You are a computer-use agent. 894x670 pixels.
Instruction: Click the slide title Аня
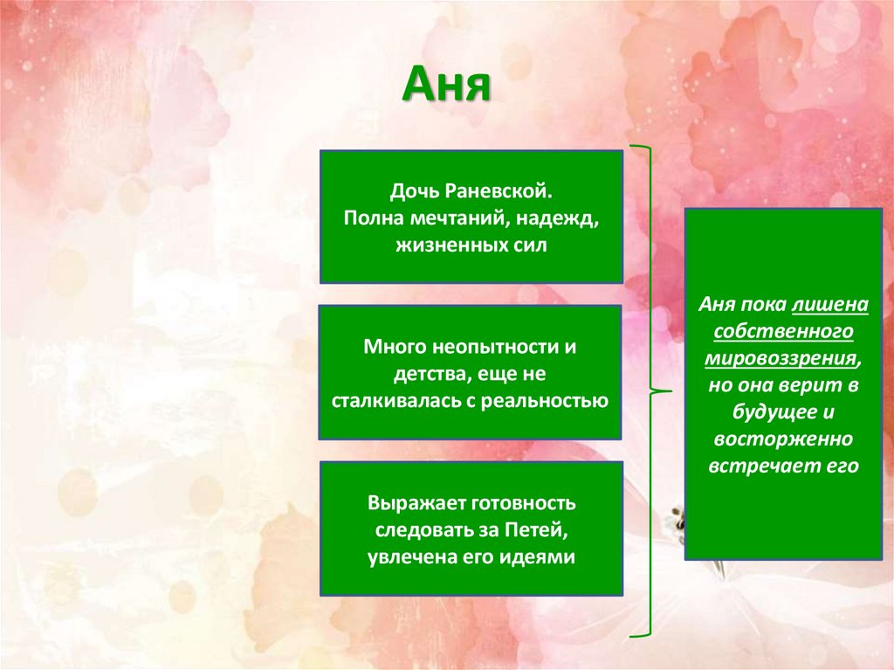[x=447, y=88]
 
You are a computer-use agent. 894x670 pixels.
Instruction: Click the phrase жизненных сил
[x=471, y=245]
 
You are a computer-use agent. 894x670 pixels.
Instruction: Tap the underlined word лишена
[x=830, y=305]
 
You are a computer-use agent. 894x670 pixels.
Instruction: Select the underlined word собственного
[x=782, y=332]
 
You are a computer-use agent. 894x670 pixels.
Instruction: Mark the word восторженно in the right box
[x=782, y=439]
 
